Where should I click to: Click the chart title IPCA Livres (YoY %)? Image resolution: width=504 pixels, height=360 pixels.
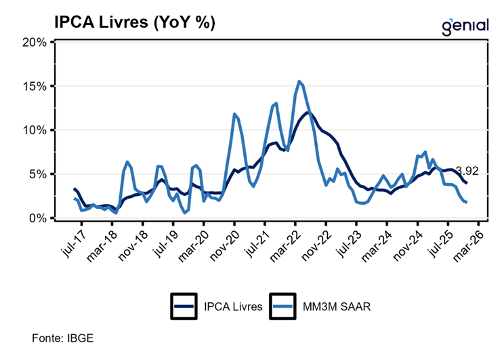coord(134,22)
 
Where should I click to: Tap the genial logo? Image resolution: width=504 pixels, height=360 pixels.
coord(465,26)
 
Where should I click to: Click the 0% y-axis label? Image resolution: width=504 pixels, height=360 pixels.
coord(37,218)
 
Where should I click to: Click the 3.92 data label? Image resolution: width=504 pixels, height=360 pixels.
coord(466,171)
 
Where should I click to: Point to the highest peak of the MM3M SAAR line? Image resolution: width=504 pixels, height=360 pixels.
coord(299,81)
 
